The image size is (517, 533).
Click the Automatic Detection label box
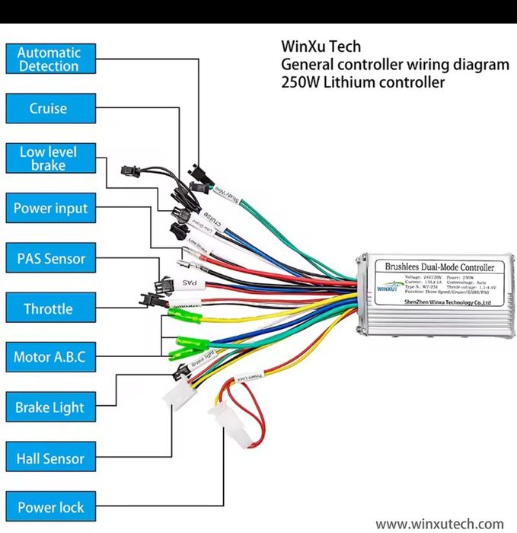pyautogui.click(x=49, y=59)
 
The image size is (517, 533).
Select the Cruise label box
pyautogui.click(x=49, y=108)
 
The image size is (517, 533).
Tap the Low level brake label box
pyautogui.click(x=49, y=158)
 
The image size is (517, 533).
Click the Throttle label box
pyautogui.click(x=49, y=308)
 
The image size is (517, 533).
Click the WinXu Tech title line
pyautogui.click(x=321, y=47)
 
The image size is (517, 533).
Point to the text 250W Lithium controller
pyautogui.click(x=362, y=82)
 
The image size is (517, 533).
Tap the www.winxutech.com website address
pyautogui.click(x=440, y=524)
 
